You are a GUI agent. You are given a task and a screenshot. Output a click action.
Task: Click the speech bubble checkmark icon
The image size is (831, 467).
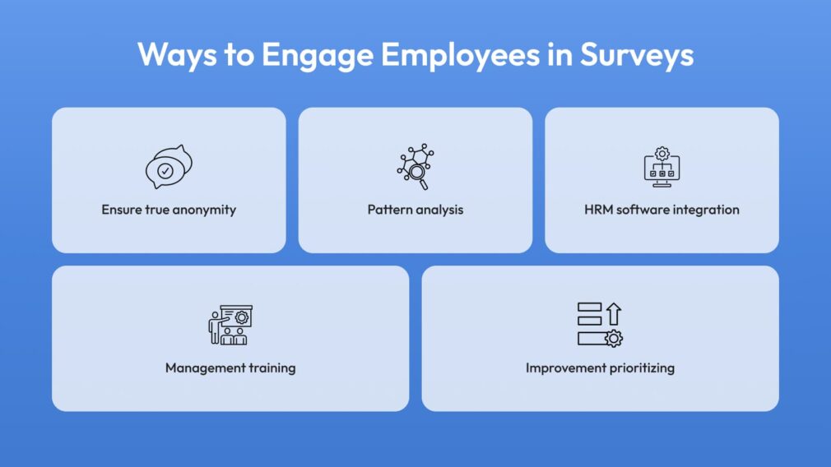click(x=169, y=167)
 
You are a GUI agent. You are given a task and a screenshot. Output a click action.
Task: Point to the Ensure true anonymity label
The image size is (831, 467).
click(x=169, y=210)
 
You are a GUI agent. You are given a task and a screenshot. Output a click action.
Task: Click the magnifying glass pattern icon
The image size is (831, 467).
click(x=415, y=166)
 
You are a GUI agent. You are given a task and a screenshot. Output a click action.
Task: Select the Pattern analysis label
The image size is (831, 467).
click(x=415, y=210)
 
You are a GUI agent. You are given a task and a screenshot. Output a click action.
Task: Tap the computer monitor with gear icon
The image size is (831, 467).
click(x=662, y=167)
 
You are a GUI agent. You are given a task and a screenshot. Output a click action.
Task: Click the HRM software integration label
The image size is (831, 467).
click(x=662, y=210)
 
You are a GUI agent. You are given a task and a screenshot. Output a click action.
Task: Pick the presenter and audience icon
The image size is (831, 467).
click(x=230, y=325)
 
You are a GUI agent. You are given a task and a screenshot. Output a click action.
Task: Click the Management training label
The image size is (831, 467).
click(x=230, y=368)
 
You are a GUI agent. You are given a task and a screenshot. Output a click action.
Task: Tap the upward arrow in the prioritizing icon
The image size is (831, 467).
click(x=614, y=313)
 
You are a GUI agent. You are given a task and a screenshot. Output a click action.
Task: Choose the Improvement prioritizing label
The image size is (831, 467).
click(x=601, y=368)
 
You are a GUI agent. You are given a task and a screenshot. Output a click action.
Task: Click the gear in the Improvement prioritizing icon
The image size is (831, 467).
click(x=614, y=339)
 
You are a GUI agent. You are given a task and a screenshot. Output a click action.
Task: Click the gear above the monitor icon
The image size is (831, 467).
click(x=662, y=154)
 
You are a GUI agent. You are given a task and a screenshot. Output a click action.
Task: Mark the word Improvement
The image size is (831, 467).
click(x=565, y=368)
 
